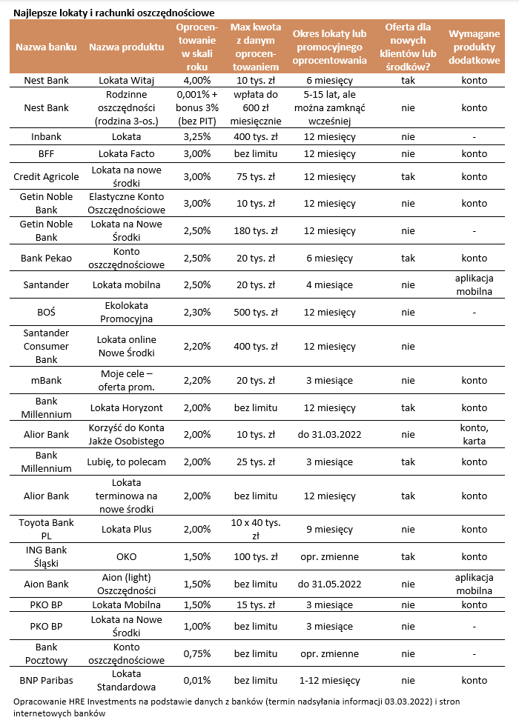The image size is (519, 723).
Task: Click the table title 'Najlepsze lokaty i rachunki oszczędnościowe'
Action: point(114,12)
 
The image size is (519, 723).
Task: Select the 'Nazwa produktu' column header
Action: point(127,47)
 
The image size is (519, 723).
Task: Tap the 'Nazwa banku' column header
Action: point(47,47)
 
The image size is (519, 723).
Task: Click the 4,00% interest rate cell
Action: point(196,80)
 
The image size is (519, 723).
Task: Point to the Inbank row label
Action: point(46,136)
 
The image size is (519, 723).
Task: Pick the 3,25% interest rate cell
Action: point(196,136)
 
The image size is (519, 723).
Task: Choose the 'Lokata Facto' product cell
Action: point(127,154)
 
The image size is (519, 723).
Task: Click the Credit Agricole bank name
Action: point(46,176)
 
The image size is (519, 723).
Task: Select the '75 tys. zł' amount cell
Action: point(254,176)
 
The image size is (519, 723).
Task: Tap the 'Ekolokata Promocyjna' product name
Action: point(127,312)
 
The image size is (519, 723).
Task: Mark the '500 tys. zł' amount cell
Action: point(254,312)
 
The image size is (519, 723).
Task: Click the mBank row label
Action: point(46,380)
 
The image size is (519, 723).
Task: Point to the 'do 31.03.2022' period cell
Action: point(328,434)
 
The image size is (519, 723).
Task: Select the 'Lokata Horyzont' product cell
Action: point(127,407)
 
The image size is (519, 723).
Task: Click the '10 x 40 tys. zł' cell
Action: point(254,530)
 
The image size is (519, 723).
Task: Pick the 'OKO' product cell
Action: point(127,556)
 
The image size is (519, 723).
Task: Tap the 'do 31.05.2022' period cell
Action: point(328,584)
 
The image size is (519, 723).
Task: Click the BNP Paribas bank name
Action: point(46,680)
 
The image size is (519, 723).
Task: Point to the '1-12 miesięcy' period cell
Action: point(328,680)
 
